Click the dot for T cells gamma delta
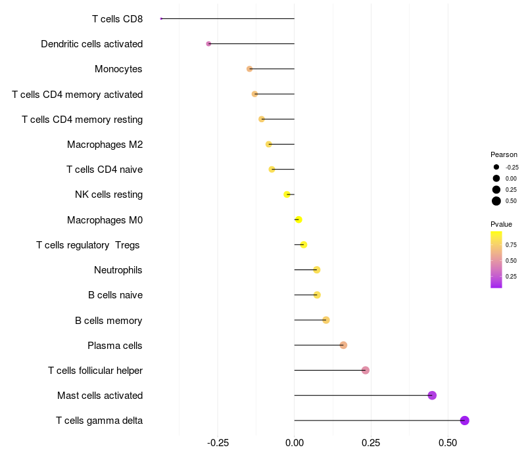coord(464,421)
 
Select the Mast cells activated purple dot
coord(432,395)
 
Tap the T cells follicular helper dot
coord(366,370)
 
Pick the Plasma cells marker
coord(343,345)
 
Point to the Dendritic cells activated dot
coord(208,44)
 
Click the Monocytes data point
coord(249,69)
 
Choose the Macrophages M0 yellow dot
coord(299,219)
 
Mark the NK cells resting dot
coord(287,195)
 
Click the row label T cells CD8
coord(117,18)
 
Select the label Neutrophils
coord(118,270)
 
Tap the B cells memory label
coord(108,321)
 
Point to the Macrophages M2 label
coord(105,145)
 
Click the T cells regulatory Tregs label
coord(89,245)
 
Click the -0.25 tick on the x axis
coord(218,443)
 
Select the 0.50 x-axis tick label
coord(447,443)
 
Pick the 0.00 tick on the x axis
coord(295,443)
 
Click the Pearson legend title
coord(504,154)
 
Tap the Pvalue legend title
coord(501,224)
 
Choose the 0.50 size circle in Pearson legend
coord(496,201)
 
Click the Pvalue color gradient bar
coord(496,260)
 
